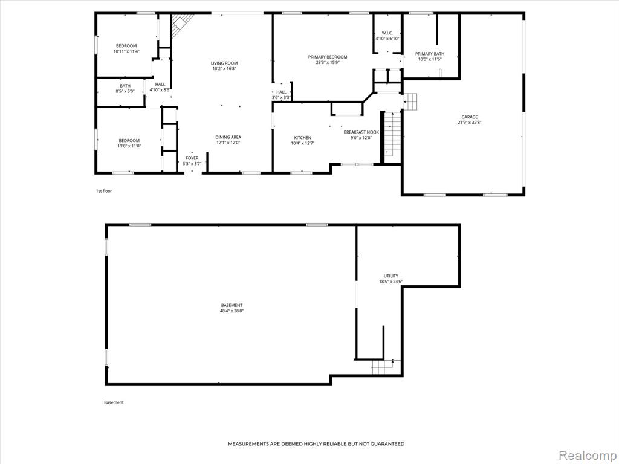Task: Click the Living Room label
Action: tap(224, 63)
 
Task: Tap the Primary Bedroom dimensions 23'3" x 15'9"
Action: tap(328, 62)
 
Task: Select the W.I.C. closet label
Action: tap(387, 33)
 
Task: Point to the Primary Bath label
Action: tap(430, 54)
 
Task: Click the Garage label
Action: tap(469, 117)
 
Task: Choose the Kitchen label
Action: tap(302, 138)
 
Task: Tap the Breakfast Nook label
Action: tap(361, 132)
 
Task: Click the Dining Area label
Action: tap(228, 137)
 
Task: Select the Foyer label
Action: tap(192, 158)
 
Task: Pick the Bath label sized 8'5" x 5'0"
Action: tap(125, 86)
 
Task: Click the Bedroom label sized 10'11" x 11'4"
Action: tap(126, 46)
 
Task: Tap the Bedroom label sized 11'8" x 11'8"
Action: tap(129, 140)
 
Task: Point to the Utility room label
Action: tap(391, 275)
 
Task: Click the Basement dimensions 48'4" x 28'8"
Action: tap(232, 311)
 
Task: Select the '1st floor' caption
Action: tap(104, 191)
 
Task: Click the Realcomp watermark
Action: tap(587, 455)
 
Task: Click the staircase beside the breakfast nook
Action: tap(392, 134)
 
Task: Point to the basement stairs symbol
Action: tap(382, 367)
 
